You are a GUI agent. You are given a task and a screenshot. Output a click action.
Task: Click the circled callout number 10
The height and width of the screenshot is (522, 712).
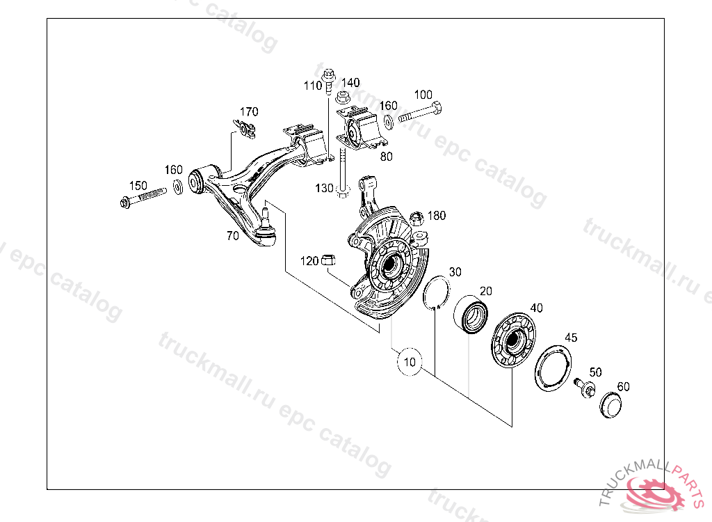pyautogui.click(x=410, y=362)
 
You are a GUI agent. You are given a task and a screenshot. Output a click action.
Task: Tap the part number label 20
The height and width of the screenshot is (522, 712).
pyautogui.click(x=485, y=292)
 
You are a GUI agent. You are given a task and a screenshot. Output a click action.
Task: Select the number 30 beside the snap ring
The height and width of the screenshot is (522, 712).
pyautogui.click(x=455, y=271)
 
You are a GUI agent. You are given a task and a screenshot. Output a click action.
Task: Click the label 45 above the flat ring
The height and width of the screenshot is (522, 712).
pyautogui.click(x=570, y=338)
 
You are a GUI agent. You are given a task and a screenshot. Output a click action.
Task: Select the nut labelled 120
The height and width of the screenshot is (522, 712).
pyautogui.click(x=329, y=261)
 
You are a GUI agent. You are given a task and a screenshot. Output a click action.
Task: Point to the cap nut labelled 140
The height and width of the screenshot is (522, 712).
pyautogui.click(x=343, y=97)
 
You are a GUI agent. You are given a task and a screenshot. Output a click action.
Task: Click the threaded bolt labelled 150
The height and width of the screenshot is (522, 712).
pyautogui.click(x=143, y=198)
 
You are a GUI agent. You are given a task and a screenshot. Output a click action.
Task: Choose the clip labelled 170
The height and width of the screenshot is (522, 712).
pyautogui.click(x=243, y=129)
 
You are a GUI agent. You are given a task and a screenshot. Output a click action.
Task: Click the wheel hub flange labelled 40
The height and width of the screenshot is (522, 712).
pyautogui.click(x=514, y=340)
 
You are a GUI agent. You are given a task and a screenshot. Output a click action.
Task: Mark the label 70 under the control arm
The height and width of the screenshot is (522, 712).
pyautogui.click(x=232, y=236)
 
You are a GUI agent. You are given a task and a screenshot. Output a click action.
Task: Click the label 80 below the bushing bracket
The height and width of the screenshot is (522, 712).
pyautogui.click(x=386, y=157)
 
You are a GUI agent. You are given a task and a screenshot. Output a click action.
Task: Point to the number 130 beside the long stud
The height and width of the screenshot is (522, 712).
pyautogui.click(x=323, y=189)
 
